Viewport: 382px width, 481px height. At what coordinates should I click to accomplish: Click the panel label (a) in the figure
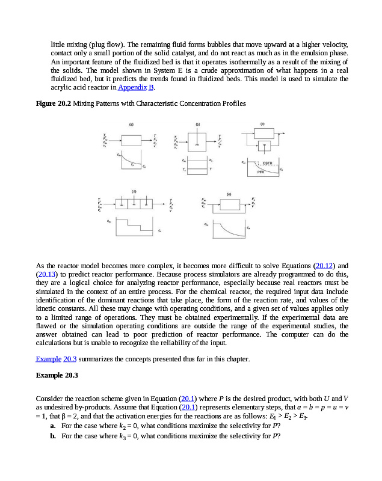131,123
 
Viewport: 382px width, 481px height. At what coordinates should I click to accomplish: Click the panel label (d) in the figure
134,191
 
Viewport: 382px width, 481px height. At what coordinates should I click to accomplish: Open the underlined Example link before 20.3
48,359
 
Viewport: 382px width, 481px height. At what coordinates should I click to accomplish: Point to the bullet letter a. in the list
54,425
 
